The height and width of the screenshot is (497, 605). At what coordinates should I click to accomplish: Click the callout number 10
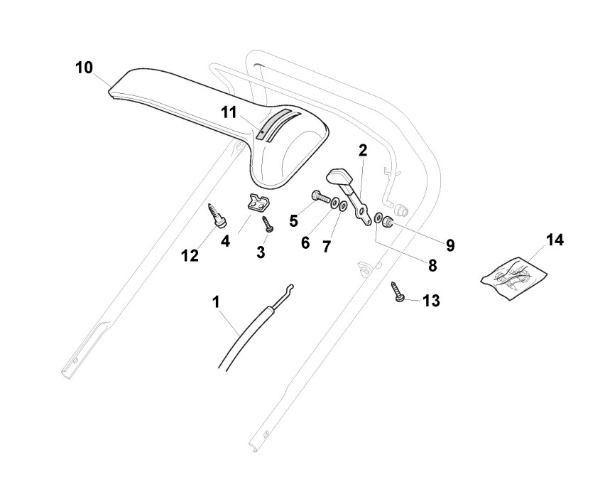[x=84, y=68]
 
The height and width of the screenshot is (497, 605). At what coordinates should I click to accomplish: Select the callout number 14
[x=555, y=240]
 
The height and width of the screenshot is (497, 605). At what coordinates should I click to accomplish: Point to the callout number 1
[x=216, y=301]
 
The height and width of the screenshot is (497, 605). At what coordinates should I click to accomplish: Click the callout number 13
[x=431, y=301]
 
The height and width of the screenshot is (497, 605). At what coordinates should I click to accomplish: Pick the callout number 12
[x=190, y=255]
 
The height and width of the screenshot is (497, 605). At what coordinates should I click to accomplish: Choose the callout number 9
[x=450, y=245]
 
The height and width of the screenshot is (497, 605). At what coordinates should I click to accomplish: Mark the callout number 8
[x=432, y=266]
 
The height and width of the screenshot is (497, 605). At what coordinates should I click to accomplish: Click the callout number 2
[x=363, y=150]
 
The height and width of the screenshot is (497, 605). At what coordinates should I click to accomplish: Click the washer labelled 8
[x=378, y=217]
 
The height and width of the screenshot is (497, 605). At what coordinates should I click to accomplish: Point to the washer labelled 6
[x=334, y=204]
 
